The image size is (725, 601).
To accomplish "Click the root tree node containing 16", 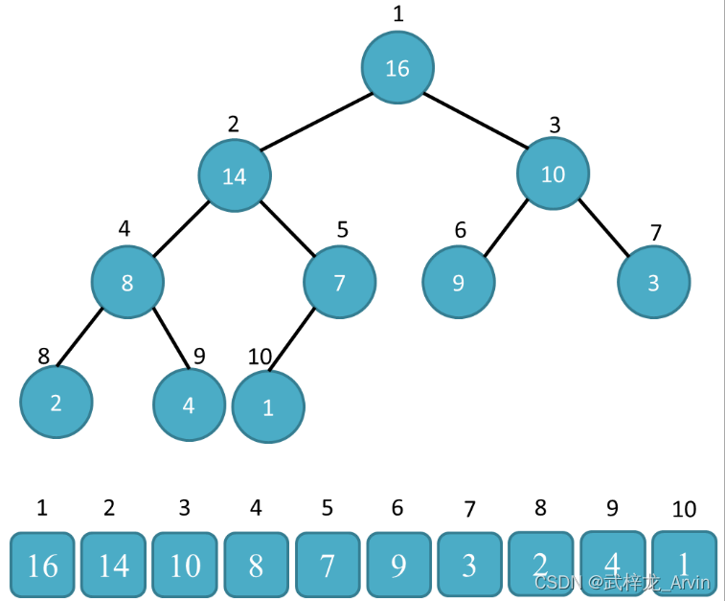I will tap(397, 68).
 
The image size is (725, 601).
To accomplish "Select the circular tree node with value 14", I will tap(235, 175).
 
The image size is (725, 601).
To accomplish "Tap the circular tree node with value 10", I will tap(553, 173).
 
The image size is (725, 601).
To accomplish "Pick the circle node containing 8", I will tap(127, 283).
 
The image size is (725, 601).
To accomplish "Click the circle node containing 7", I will tap(339, 283).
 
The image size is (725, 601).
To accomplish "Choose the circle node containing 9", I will tap(459, 283).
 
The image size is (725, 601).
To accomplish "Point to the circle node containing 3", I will tap(653, 283).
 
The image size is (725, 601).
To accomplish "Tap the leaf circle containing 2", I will tap(56, 403).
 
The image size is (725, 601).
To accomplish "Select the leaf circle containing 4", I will tap(189, 405).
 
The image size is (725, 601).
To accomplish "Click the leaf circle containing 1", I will tap(268, 406).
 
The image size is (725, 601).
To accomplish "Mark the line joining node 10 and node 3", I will tap(603, 228).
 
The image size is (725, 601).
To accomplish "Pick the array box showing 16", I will tap(42, 566).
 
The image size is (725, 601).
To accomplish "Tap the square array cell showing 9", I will tap(398, 566).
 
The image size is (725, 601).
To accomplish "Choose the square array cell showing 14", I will tap(113, 566).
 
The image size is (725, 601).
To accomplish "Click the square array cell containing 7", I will tap(328, 566).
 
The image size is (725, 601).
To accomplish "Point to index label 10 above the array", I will tap(684, 509).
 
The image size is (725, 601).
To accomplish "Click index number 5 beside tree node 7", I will tap(342, 230).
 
